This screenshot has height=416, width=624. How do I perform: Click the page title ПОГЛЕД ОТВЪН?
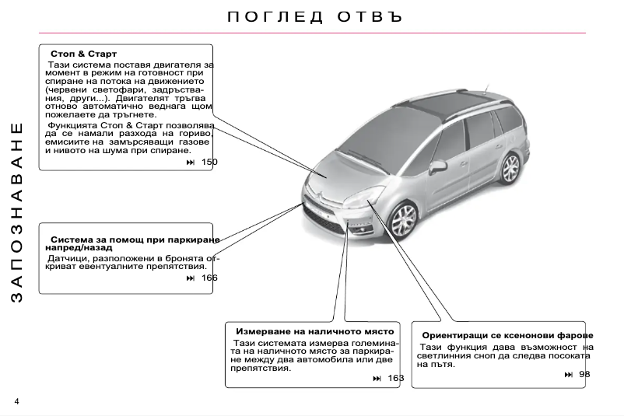tap(316, 16)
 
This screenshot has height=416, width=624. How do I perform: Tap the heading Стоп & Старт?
tap(83, 54)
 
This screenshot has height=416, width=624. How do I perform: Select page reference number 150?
tap(209, 162)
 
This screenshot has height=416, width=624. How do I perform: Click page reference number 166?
tap(209, 278)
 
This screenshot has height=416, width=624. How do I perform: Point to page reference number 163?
tap(396, 378)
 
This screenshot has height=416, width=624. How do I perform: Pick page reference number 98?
tap(584, 375)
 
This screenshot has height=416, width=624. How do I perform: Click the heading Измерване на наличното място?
tap(315, 331)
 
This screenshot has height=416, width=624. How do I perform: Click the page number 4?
tap(16, 401)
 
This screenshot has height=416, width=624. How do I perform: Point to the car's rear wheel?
tap(510, 167)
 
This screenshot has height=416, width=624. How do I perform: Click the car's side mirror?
tap(438, 166)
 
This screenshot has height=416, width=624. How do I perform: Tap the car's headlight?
tap(366, 197)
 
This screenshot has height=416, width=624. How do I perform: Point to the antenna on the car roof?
tap(487, 86)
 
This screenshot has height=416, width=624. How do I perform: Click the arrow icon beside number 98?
tap(569, 375)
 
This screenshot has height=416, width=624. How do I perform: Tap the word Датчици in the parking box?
tap(67, 257)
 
